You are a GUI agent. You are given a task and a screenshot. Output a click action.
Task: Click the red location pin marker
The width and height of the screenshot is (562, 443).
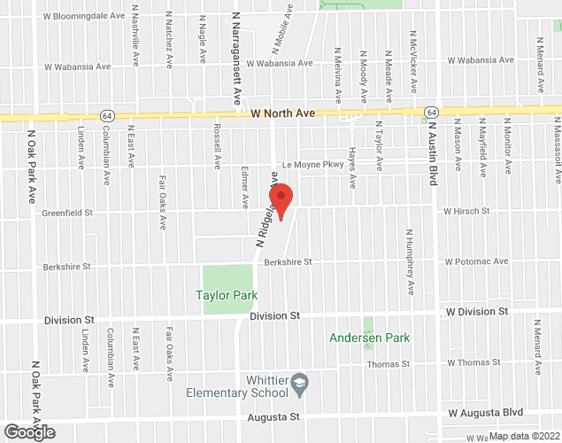click(x=281, y=201)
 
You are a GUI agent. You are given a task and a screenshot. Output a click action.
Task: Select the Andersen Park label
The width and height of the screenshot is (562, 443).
click(x=369, y=338)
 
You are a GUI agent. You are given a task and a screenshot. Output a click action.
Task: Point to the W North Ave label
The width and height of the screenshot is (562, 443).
click(x=283, y=113)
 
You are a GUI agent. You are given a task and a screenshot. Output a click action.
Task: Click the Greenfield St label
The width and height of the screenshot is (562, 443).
click(x=67, y=213)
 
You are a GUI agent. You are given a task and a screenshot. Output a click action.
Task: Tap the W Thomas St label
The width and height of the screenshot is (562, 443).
click(x=473, y=362)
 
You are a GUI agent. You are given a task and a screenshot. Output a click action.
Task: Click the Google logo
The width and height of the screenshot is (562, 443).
click(x=28, y=432)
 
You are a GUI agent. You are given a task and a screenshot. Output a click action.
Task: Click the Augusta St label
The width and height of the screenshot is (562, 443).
click(x=276, y=416)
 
